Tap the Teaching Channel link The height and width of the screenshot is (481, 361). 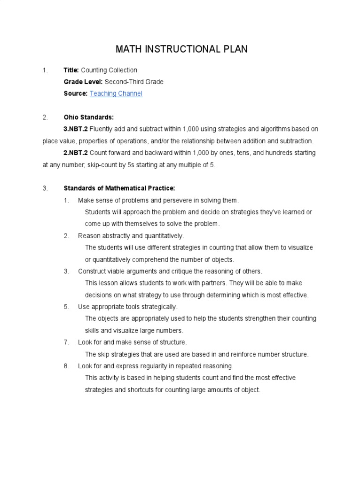coord(116,93)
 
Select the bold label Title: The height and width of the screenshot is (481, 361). coord(71,70)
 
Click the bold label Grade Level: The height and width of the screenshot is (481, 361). coord(83,82)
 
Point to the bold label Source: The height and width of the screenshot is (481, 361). coord(75,93)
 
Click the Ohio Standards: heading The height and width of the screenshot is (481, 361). coord(89,117)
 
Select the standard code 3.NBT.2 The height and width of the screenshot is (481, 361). coord(76,129)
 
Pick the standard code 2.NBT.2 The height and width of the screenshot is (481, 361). coord(76,153)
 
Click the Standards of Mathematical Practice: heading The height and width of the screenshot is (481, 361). coord(119,188)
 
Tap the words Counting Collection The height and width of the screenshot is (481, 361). coord(109,70)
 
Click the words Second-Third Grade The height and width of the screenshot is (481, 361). coord(134,82)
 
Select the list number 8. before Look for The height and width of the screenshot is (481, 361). coord(67,366)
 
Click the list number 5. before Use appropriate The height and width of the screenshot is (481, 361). coord(67,307)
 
